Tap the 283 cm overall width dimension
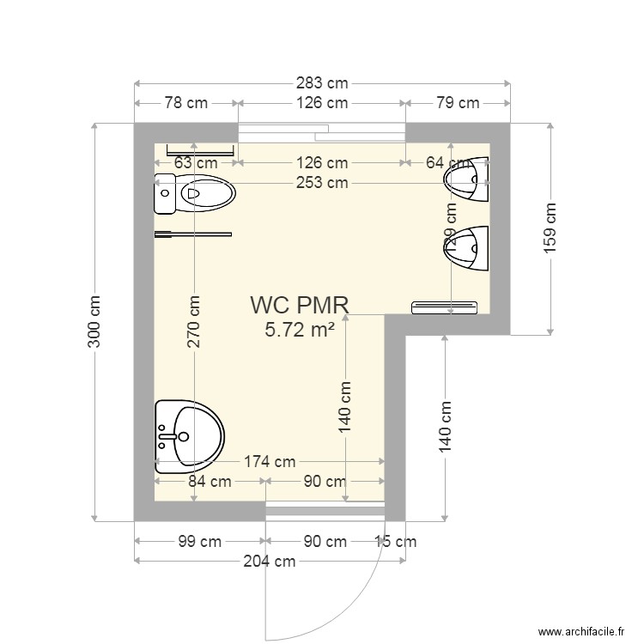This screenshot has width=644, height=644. coord(322,83)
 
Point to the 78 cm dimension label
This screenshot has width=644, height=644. coord(185,103)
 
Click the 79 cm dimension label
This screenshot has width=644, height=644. coord(457,103)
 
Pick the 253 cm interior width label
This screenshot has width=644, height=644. coord(322,182)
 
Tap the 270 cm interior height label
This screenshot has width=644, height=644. coord(195,322)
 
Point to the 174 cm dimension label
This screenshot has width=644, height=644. coord(270,462)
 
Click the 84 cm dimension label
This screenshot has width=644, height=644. coord(210,482)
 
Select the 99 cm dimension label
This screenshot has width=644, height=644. coord(199,542)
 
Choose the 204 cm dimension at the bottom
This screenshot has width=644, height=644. coord(270,562)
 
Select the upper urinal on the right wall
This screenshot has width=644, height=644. coord(468,179)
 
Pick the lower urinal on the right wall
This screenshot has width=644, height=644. coord(468,248)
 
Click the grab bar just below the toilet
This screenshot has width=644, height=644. coord(193,233)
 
